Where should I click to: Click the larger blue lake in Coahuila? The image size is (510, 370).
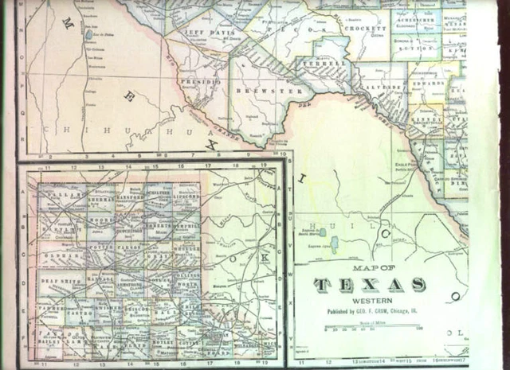point(333,243)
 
